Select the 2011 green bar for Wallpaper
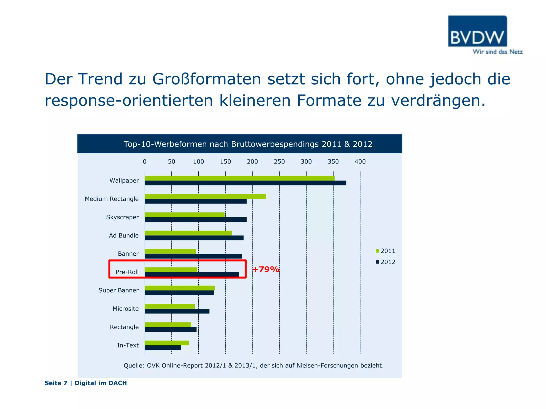point(239,178)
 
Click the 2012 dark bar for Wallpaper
point(245,183)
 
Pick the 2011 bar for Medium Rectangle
point(205,197)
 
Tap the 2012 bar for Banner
point(193,256)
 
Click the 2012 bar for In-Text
point(163,348)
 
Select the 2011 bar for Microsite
point(170,306)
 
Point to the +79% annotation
point(266,269)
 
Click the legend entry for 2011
point(385,251)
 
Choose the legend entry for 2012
point(385,262)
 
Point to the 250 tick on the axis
point(279,162)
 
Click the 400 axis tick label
point(360,162)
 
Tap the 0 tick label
point(144,162)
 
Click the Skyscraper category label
point(122,217)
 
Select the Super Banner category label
point(118,291)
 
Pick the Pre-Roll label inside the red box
point(127,272)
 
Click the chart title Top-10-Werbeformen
point(248,144)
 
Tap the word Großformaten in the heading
point(207,79)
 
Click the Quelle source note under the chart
point(254,366)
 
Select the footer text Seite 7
point(56,383)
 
